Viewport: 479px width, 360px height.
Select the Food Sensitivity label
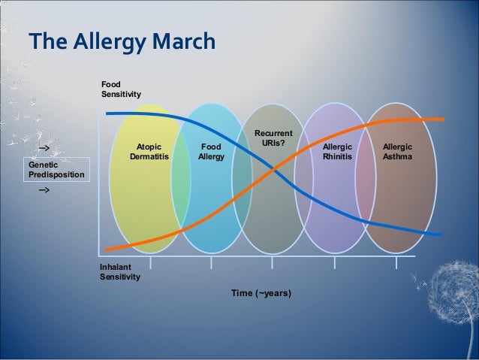[x=122, y=90]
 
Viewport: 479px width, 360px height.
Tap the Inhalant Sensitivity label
[x=119, y=271]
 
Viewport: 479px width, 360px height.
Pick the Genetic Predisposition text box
[x=56, y=169]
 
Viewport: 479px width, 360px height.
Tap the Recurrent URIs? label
[x=273, y=138]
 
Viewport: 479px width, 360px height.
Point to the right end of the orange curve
[x=442, y=119]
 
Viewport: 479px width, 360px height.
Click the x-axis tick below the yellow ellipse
[x=151, y=262]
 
